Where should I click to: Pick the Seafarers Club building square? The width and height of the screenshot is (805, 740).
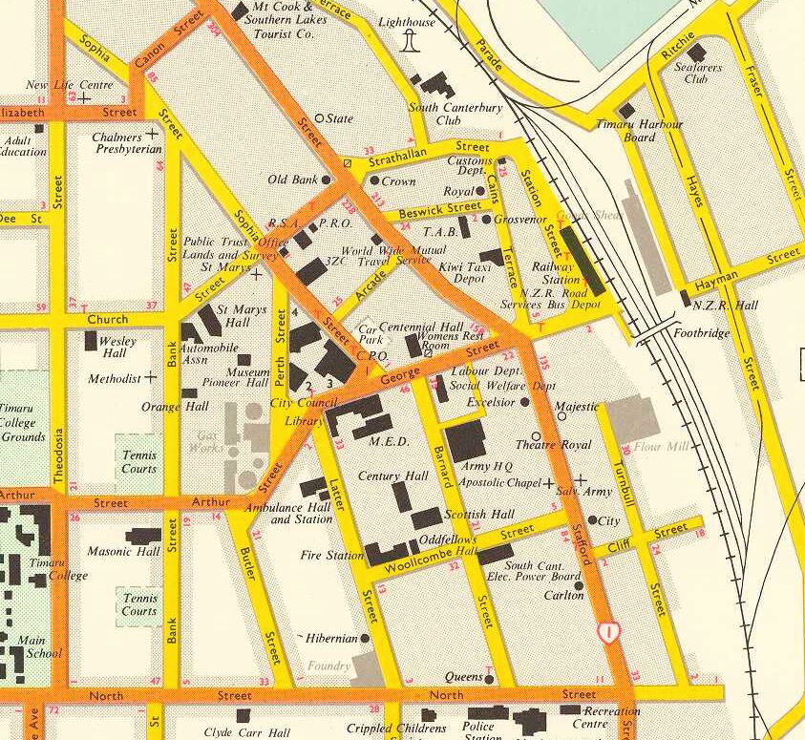click(697, 53)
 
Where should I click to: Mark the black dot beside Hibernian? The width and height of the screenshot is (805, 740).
click(364, 638)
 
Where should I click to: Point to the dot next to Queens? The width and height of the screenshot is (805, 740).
click(489, 679)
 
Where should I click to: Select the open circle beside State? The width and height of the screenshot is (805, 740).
click(319, 119)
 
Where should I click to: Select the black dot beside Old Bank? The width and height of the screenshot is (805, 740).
click(326, 180)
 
